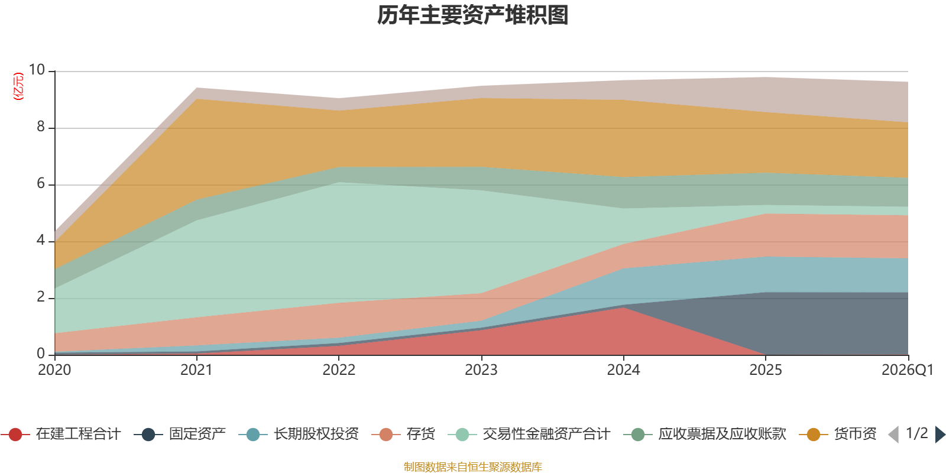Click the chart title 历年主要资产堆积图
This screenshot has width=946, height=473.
tap(472, 15)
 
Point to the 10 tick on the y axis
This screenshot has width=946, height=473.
tap(37, 70)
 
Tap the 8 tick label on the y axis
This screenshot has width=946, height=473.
tap(41, 127)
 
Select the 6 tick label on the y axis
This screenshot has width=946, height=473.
tap(41, 183)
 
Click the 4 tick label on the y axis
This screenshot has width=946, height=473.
tap(41, 240)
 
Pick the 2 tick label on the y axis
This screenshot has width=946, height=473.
tap(41, 297)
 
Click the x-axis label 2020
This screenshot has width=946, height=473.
tap(54, 370)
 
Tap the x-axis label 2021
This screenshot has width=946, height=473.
tap(196, 370)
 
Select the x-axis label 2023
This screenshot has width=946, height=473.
tap(481, 370)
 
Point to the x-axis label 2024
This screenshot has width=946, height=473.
tap(623, 370)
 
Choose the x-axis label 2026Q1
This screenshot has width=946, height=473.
tap(908, 370)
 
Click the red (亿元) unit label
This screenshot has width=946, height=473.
tap(18, 86)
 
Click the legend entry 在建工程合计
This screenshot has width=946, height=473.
tap(61, 434)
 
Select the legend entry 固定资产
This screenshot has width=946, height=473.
tap(180, 434)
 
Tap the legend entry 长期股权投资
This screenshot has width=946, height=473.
tap(299, 434)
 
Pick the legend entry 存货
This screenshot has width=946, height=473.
tap(403, 434)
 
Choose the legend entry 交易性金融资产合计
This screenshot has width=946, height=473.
tap(529, 434)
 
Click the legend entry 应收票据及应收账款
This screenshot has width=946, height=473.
tap(704, 434)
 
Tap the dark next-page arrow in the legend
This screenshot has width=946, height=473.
tap(939, 434)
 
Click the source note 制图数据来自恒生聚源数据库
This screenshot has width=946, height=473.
tap(472, 466)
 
